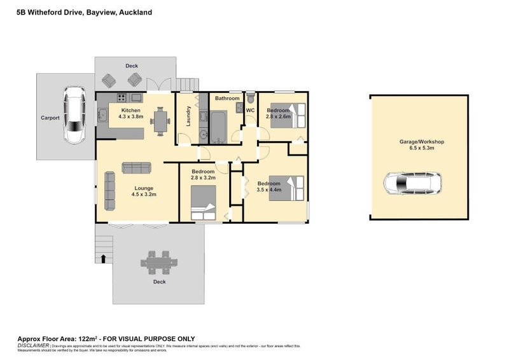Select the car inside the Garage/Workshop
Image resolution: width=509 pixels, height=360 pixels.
point(412,184)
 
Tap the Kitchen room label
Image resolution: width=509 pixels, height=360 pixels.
point(130,110)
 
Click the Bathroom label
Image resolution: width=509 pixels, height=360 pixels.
point(227,99)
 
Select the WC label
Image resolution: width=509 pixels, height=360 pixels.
point(250,111)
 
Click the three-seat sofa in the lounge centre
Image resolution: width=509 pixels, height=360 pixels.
point(136,168)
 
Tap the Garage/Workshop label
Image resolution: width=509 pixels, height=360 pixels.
point(417,143)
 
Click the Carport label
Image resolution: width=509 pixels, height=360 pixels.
point(50,118)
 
